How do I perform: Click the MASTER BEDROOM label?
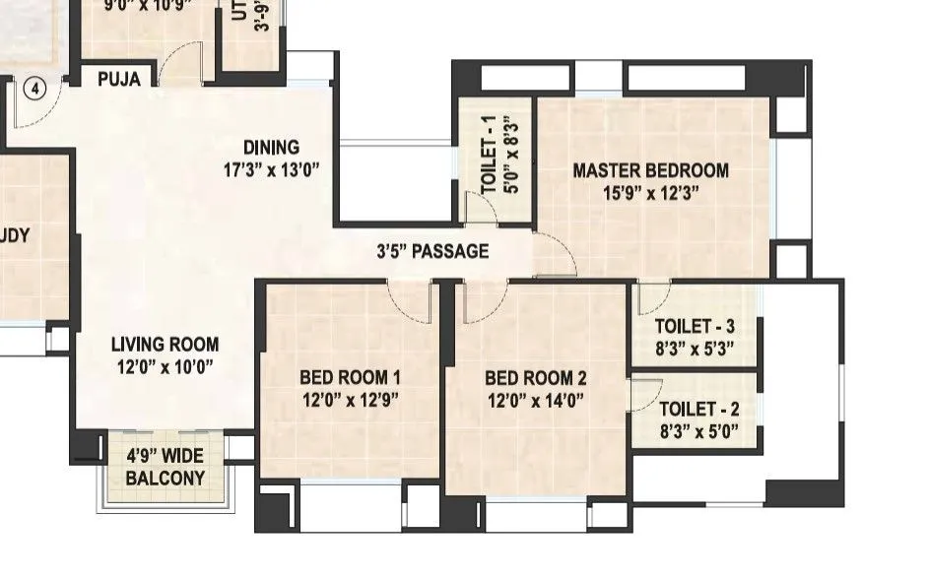click(651, 170)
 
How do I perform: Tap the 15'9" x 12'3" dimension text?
click(651, 193)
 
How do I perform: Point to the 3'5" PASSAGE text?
click(432, 251)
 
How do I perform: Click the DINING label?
click(271, 148)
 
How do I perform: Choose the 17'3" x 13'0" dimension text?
click(271, 168)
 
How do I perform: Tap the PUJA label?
click(118, 80)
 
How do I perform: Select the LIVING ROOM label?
click(165, 345)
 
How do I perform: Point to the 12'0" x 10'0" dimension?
click(165, 367)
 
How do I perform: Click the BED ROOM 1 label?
click(350, 377)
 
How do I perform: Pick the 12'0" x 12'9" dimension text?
click(350, 400)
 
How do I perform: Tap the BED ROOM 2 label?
click(535, 377)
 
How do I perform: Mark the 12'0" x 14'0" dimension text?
click(535, 400)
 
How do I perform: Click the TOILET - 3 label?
click(695, 326)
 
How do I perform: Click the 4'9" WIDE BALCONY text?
click(166, 468)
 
